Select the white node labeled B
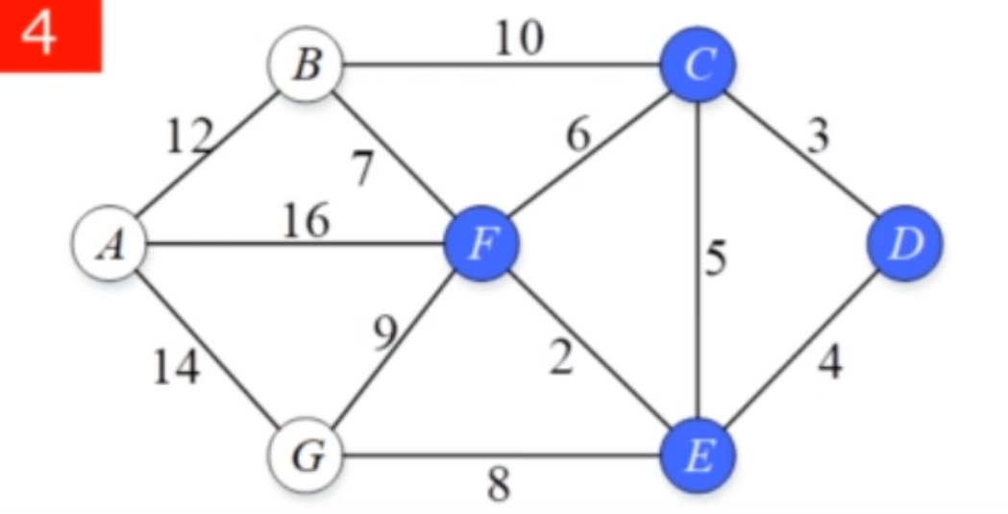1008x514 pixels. [x=307, y=67]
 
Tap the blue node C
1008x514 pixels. [x=698, y=65]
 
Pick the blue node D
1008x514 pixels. [x=904, y=244]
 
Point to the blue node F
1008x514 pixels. [x=480, y=244]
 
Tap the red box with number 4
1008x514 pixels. [x=50, y=35]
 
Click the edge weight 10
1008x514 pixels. [x=519, y=38]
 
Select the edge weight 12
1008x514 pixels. [x=187, y=140]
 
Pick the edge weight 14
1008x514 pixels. [x=177, y=366]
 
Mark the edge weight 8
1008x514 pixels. [x=499, y=485]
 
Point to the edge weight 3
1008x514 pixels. [x=817, y=137]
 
